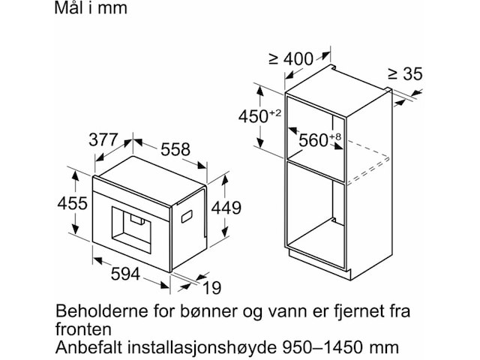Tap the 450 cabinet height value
[265, 116]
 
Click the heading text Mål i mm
[91, 8]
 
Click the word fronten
[84, 329]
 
